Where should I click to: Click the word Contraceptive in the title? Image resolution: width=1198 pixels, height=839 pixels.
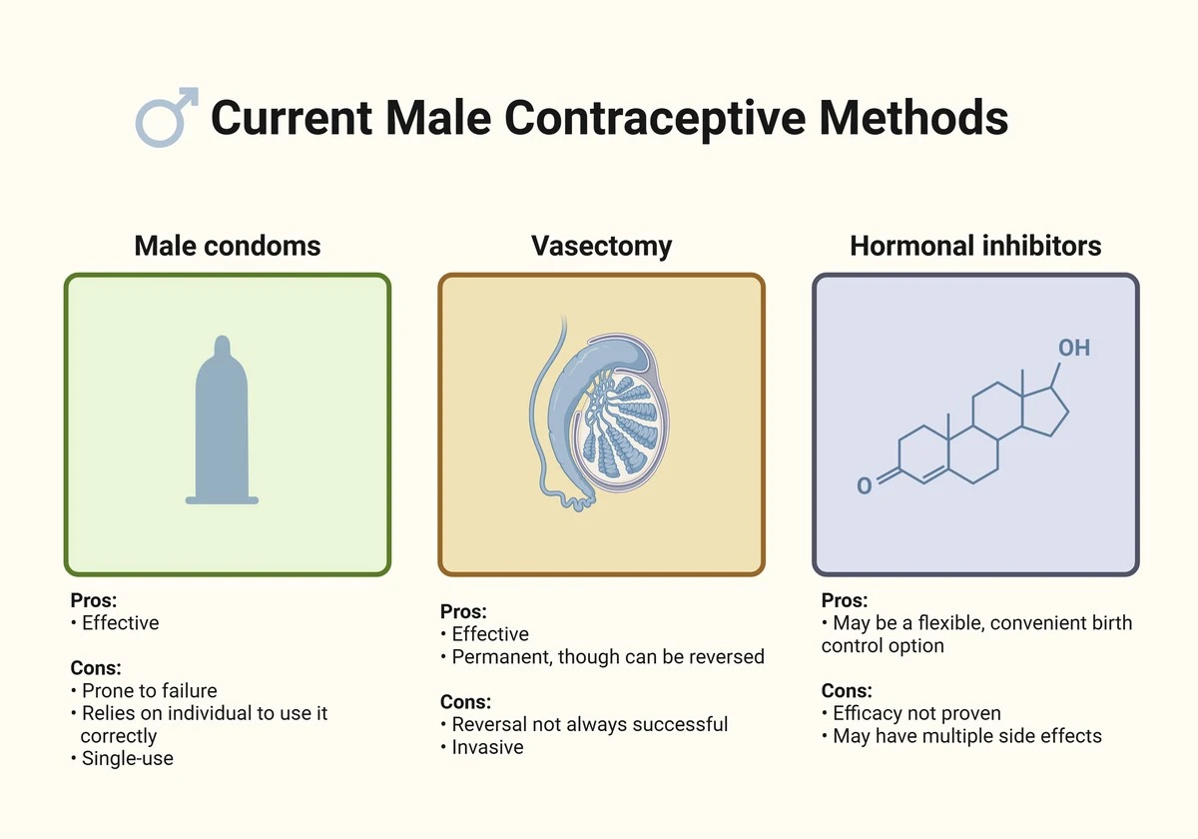655,119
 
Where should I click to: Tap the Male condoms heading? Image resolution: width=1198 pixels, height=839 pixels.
228,246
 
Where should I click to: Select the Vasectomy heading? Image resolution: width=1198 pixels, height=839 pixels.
601,247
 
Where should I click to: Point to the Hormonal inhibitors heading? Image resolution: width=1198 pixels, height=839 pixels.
975,246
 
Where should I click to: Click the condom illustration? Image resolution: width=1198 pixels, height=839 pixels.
222,420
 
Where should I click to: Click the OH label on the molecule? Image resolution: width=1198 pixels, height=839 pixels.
1074,348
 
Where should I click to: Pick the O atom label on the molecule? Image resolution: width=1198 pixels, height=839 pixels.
865,485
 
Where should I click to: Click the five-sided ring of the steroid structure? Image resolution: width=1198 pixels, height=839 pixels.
1043,411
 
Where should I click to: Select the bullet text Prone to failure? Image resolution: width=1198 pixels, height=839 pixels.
149,691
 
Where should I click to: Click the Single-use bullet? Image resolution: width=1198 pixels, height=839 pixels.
128,759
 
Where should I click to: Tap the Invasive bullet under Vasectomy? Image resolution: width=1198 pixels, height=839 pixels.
487,747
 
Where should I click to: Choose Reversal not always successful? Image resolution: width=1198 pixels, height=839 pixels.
589,725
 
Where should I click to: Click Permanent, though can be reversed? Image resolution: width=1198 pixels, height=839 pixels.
608,657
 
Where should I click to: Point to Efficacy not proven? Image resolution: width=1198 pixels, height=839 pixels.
916,714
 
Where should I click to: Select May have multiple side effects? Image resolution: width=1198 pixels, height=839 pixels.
967,736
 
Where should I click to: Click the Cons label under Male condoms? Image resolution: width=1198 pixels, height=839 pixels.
96,668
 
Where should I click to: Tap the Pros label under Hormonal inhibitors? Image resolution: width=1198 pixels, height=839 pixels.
844,601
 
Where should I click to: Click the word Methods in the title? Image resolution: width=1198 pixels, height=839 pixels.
912,118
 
